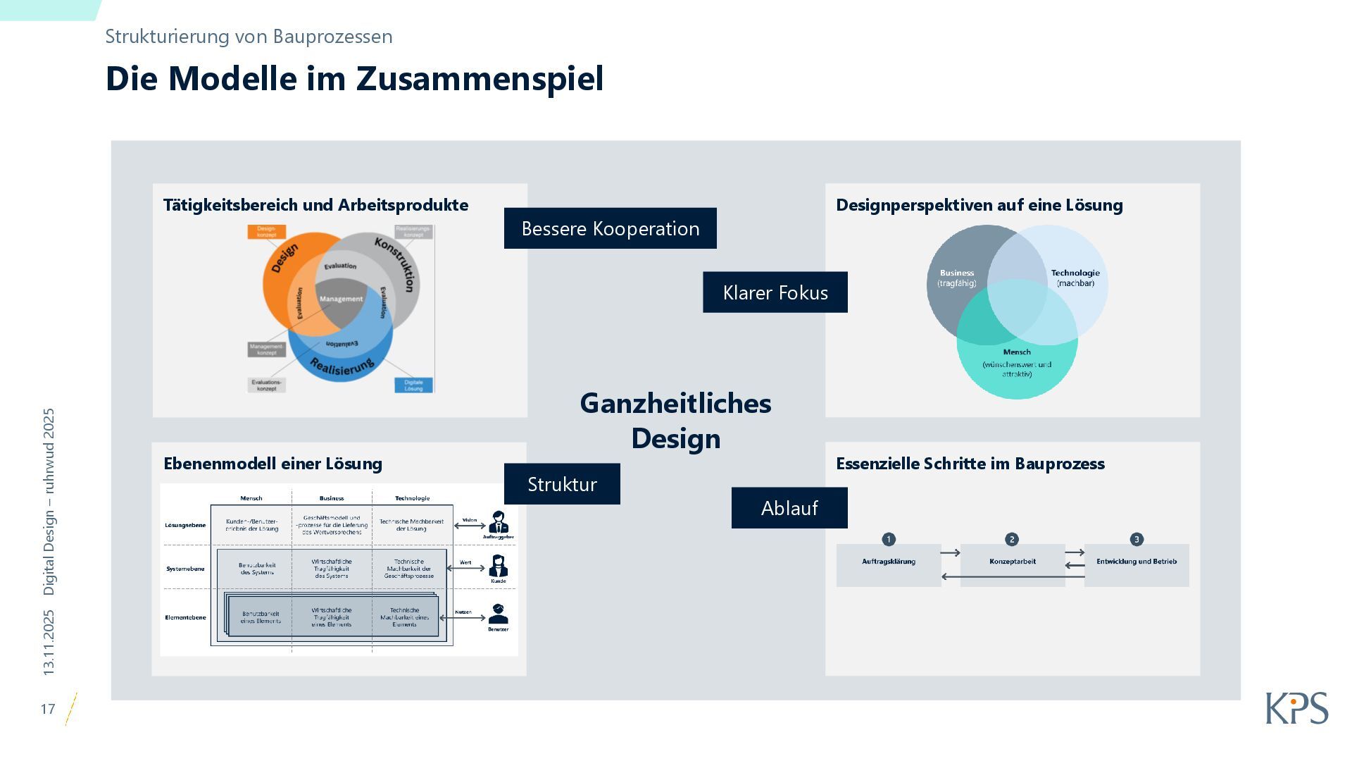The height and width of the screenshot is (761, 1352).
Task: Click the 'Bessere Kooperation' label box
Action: (x=610, y=228)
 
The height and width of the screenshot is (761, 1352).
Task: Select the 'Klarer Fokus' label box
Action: (x=775, y=292)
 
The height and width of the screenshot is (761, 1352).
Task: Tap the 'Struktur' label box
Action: (x=562, y=484)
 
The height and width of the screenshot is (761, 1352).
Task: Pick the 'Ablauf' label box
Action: (x=789, y=508)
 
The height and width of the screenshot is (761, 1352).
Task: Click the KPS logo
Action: (x=1296, y=707)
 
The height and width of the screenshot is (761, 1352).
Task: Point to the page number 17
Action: (x=48, y=709)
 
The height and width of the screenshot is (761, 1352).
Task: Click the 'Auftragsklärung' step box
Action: (x=889, y=564)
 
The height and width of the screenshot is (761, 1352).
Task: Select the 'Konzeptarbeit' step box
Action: (x=1012, y=564)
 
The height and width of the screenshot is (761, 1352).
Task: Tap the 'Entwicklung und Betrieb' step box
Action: (x=1136, y=564)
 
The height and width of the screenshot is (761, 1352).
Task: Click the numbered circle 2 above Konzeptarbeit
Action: (x=1012, y=539)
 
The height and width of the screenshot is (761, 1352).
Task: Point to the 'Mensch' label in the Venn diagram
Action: (x=1016, y=352)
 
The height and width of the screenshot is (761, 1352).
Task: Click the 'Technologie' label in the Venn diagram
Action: (x=1075, y=273)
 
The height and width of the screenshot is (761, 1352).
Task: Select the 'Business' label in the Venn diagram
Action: (x=956, y=273)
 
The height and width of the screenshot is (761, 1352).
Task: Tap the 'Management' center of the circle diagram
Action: (x=341, y=299)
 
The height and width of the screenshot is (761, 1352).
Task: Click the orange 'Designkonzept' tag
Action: (x=266, y=231)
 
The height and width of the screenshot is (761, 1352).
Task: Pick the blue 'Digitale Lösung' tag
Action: (x=413, y=385)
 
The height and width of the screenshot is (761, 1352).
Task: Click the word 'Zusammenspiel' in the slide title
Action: (x=480, y=78)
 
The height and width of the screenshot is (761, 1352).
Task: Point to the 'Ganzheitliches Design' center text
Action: (x=675, y=421)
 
